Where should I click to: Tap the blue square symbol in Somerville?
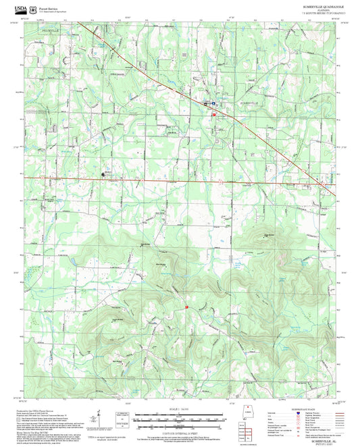coord(214,103)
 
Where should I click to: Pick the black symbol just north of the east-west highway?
coord(104,174)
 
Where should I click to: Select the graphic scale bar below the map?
coord(179,419)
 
